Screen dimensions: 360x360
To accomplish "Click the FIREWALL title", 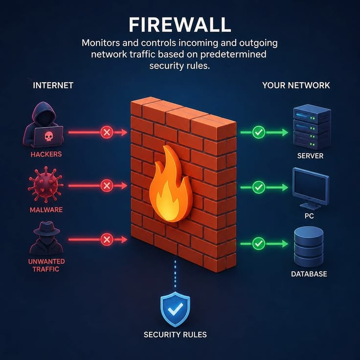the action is (180, 25).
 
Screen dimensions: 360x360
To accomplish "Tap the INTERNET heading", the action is (53, 86).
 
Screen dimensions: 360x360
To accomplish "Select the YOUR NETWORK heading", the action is (296, 86).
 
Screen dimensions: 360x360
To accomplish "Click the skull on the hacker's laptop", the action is (48, 136).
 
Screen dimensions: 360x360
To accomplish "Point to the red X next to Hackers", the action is (107, 132).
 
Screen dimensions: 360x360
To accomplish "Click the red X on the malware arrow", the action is (107, 185).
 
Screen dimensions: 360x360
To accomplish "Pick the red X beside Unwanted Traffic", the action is (107, 240).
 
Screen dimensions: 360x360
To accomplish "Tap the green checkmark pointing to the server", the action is (259, 132).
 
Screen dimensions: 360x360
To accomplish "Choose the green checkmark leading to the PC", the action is (259, 187).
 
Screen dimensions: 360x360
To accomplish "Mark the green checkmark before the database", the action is (259, 244).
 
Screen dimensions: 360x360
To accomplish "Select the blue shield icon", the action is (176, 309).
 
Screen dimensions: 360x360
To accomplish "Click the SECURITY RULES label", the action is (175, 335).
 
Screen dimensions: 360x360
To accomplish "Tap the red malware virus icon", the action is (45, 184).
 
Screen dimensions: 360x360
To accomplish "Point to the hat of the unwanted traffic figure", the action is (47, 228).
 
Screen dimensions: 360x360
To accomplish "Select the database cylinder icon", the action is (309, 247).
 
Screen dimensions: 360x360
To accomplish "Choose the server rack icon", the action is (312, 127).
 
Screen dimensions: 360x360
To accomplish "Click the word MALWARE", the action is (46, 210).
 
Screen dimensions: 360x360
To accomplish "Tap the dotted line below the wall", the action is (175, 274).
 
